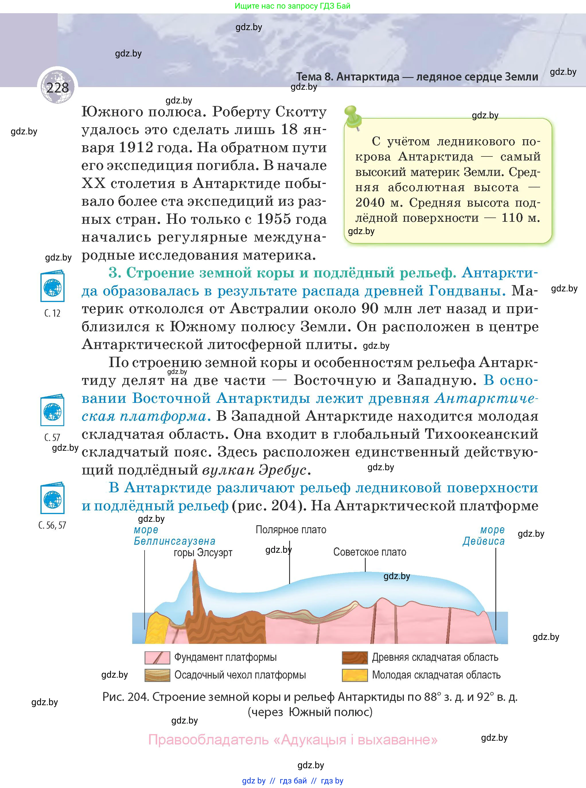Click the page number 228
(57, 87)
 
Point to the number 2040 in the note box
(370, 203)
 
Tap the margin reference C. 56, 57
(52, 525)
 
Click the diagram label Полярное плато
(291, 530)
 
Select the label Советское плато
(370, 552)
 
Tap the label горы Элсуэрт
(203, 553)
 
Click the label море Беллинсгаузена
(174, 536)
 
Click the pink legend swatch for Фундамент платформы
(157, 658)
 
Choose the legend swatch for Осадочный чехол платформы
(157, 675)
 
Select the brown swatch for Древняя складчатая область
(354, 658)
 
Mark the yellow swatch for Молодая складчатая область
(354, 675)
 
